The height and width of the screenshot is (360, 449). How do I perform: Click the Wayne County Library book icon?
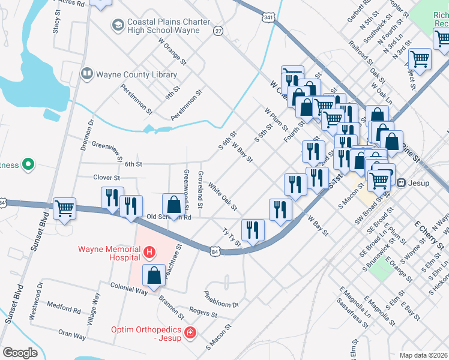click(x=86, y=74)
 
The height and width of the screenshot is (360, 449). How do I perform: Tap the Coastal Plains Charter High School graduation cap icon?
click(x=118, y=25)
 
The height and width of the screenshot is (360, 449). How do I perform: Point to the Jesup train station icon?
click(x=401, y=182)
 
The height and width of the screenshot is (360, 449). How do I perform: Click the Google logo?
click(x=20, y=352)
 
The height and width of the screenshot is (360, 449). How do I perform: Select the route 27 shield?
click(x=218, y=31)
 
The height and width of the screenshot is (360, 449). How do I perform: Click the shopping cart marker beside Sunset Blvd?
click(x=64, y=209)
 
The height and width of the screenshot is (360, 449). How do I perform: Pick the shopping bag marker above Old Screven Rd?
click(x=173, y=204)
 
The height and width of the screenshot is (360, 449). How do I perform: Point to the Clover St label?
click(x=106, y=178)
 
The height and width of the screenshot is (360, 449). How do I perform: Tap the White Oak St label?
click(x=223, y=195)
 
